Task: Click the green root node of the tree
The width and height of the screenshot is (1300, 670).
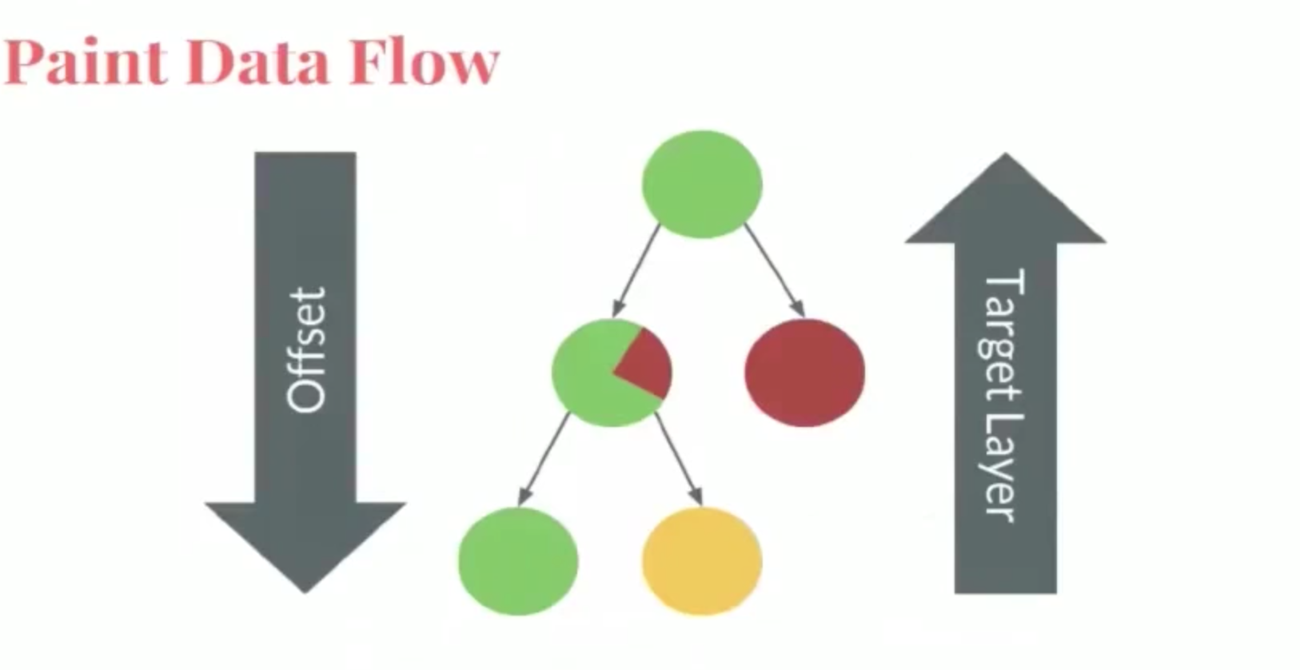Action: [x=702, y=184]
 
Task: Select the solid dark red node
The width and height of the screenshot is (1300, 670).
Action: [x=805, y=372]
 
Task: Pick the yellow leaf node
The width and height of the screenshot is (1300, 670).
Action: [x=702, y=560]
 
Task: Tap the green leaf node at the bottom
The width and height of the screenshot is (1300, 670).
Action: [x=518, y=560]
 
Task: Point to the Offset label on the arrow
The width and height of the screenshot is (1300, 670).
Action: [x=306, y=350]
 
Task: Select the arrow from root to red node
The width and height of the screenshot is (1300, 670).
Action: [x=775, y=270]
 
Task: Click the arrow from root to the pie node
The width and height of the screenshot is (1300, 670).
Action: [x=636, y=270]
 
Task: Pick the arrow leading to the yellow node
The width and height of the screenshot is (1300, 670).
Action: [x=679, y=459]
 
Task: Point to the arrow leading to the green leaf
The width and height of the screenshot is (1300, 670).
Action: [x=543, y=459]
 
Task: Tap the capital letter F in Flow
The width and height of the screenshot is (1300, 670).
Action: [x=369, y=62]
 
